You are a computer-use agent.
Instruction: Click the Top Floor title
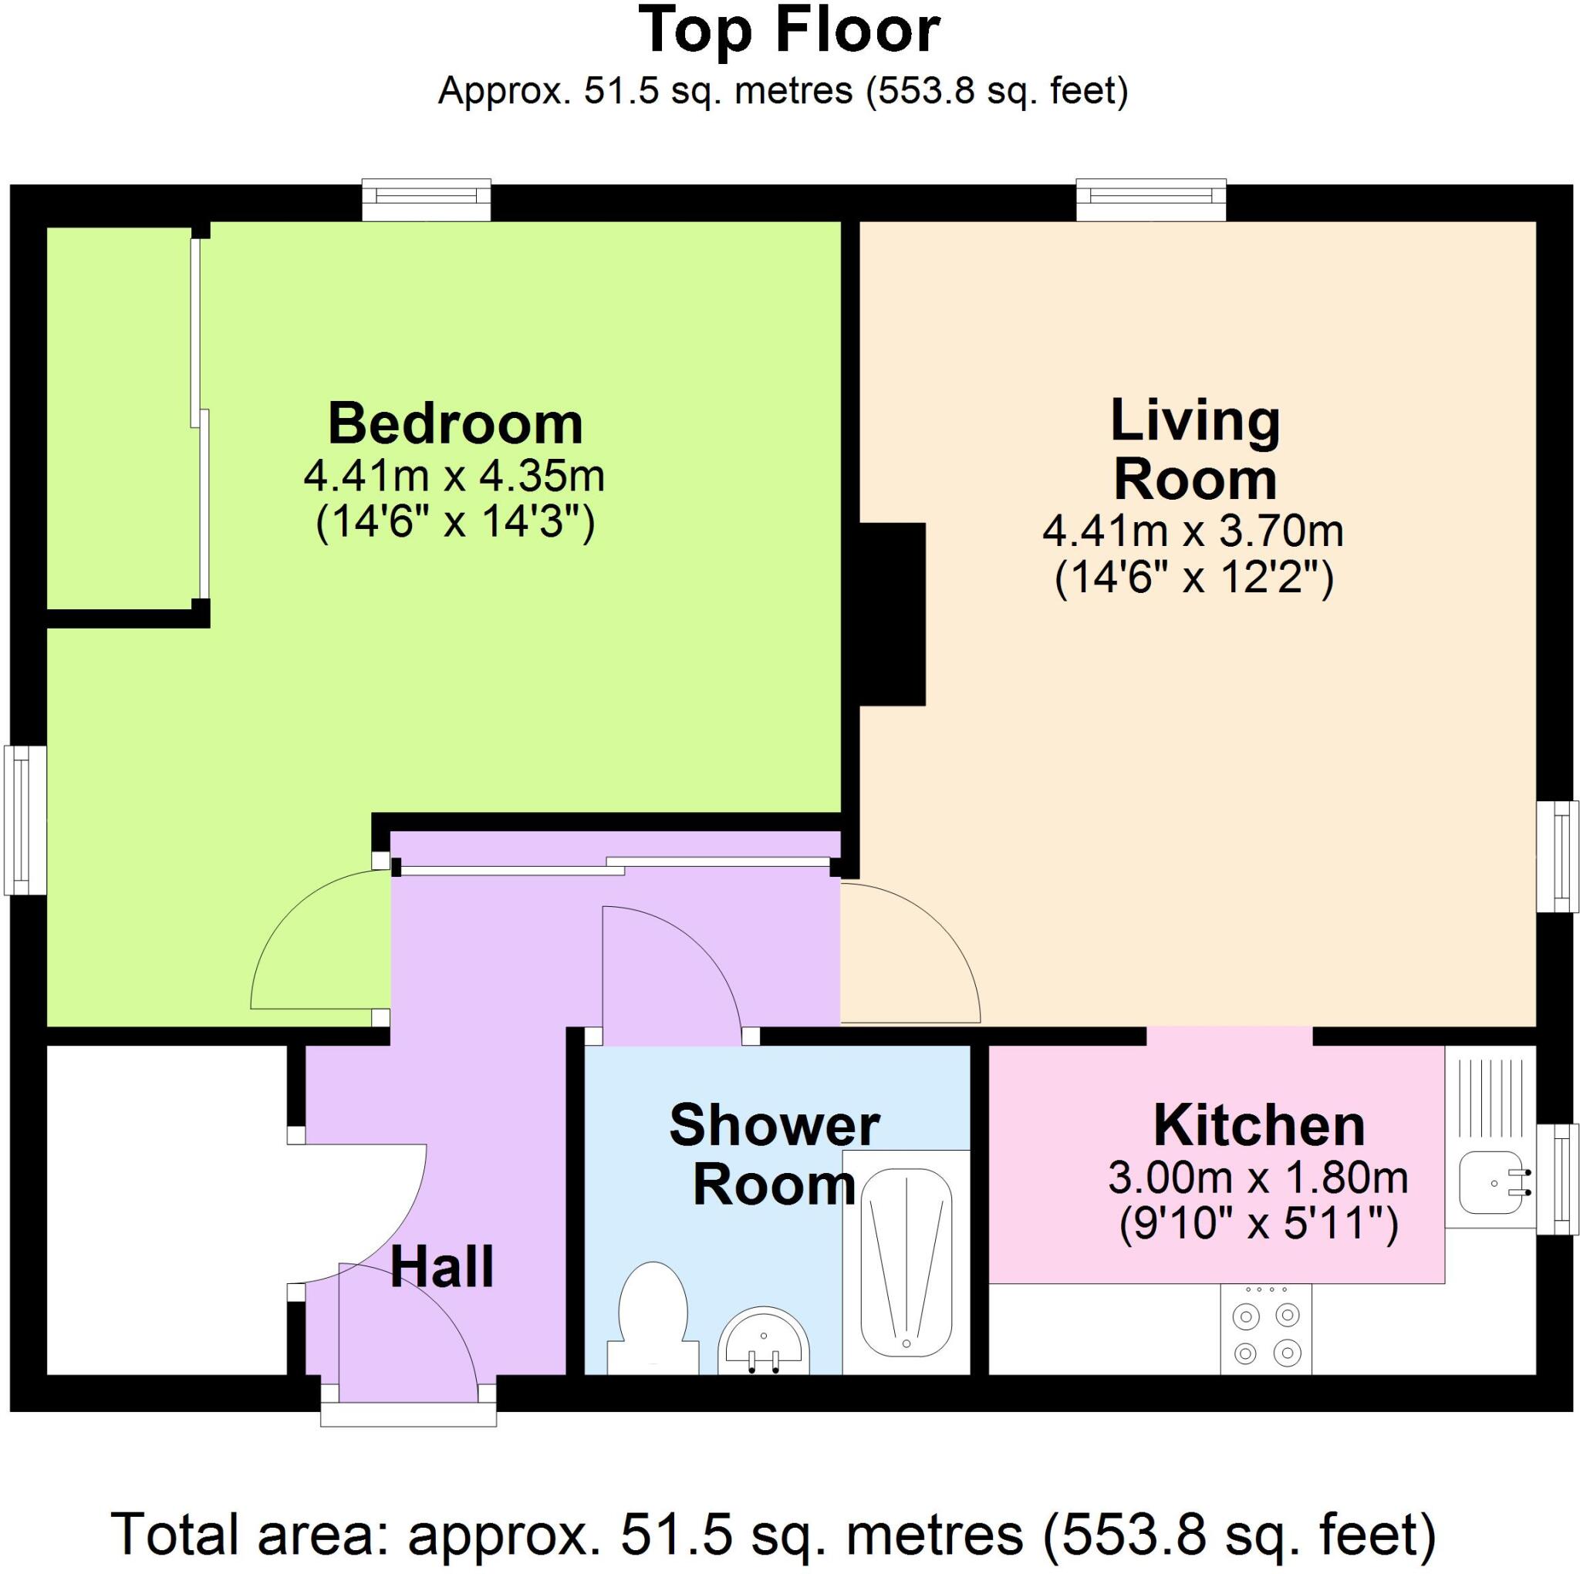[789, 31]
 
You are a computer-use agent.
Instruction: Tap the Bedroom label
[455, 423]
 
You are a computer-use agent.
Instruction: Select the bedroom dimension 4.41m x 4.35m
[454, 476]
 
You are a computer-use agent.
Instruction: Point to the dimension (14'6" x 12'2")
[1194, 580]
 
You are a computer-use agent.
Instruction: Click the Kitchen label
[1259, 1127]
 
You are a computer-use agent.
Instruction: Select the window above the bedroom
[427, 200]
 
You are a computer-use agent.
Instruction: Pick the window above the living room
[1150, 200]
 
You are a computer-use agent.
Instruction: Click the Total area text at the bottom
[773, 1533]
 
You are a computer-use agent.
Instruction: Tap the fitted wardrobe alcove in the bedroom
[120, 418]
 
